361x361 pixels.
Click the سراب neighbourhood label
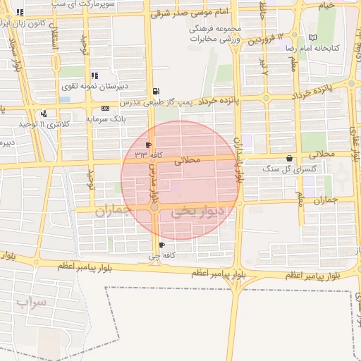(31, 304)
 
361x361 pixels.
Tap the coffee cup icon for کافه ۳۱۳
(148, 145)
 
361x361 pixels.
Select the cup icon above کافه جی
(162, 245)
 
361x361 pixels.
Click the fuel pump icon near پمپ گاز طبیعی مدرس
(155, 91)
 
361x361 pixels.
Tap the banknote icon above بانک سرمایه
(105, 108)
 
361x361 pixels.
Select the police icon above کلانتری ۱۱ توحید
(44, 113)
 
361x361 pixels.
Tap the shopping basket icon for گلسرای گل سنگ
(289, 158)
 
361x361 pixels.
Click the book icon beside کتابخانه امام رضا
(313, 37)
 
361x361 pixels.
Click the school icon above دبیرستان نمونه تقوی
(94, 75)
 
